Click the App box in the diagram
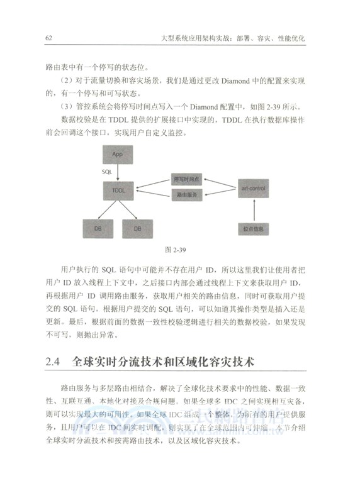click(117, 154)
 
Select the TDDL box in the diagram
click(119, 189)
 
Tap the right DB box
click(137, 228)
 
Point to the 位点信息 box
click(257, 228)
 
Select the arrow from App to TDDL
click(118, 171)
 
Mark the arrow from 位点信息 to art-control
click(257, 209)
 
